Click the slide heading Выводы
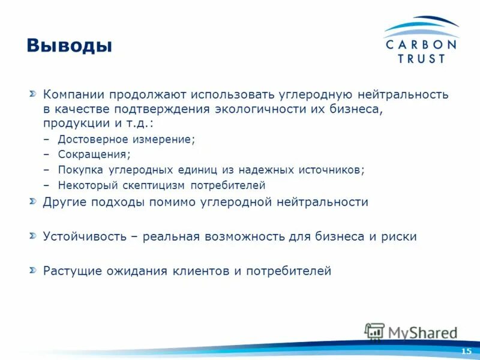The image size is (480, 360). [69, 46]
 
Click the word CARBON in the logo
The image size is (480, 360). [421, 44]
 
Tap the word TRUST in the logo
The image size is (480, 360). [421, 59]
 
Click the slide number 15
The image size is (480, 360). [466, 350]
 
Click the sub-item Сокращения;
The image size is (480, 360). [94, 154]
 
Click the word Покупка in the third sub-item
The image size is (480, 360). [81, 170]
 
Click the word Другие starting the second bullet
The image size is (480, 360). [65, 202]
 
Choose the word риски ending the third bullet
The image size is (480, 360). [399, 236]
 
